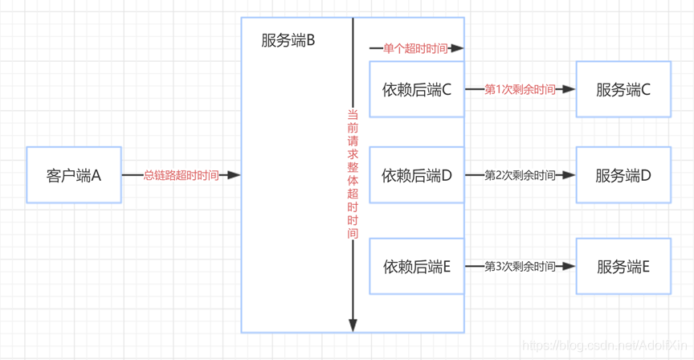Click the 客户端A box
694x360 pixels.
74,175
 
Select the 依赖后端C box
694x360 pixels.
417,90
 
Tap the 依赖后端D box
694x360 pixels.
417,175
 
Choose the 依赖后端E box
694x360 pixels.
417,266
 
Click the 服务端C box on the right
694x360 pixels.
623,90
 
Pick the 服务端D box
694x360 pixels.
623,175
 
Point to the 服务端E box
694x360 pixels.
623,266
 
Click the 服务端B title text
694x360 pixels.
288,41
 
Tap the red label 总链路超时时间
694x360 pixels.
181,175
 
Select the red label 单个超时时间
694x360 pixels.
415,49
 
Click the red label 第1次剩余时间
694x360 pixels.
520,90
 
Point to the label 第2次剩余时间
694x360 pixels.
520,175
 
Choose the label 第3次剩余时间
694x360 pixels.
520,266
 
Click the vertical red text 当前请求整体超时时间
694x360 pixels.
353,174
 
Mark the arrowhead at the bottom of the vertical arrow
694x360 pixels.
353,325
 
